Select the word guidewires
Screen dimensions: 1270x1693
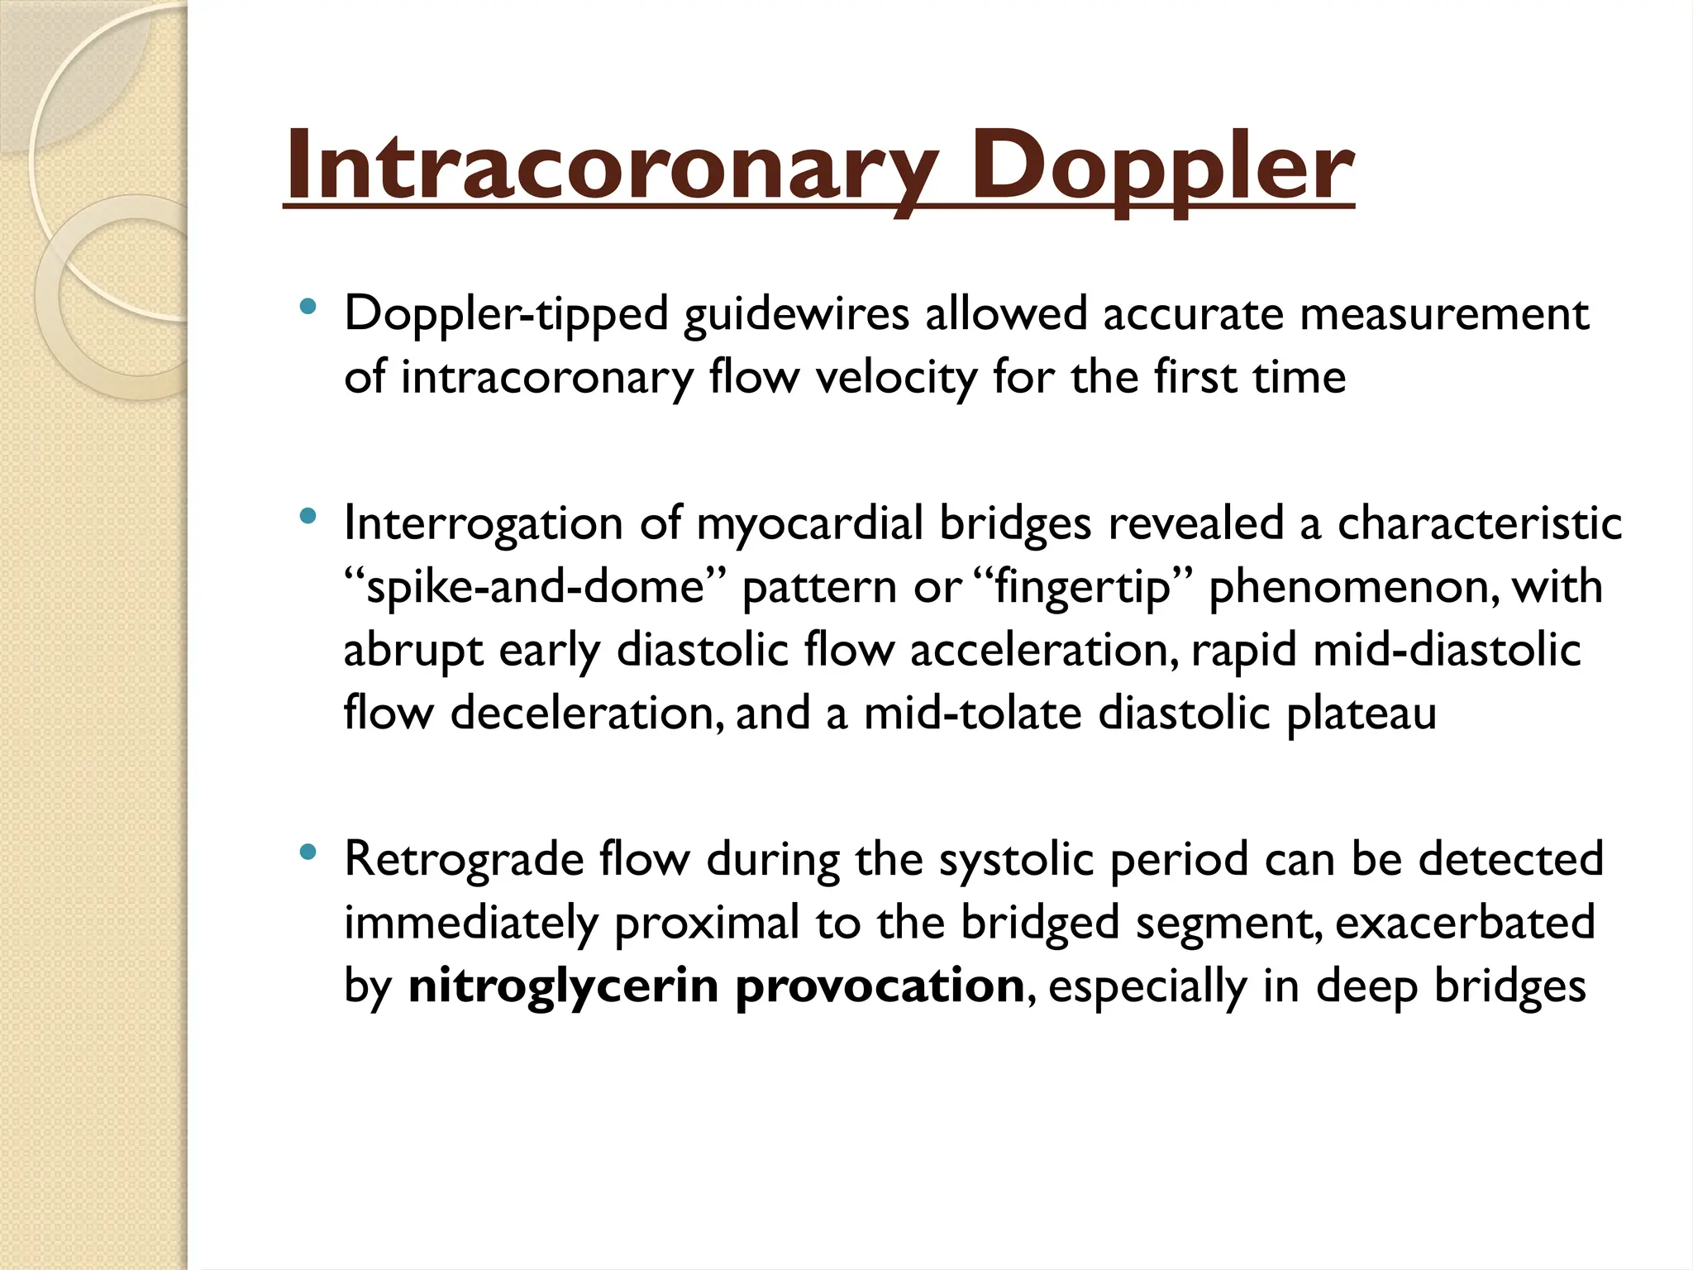point(796,315)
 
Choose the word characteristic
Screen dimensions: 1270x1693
point(1480,524)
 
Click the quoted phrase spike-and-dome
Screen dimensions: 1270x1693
point(535,588)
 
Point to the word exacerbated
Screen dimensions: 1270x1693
point(1465,923)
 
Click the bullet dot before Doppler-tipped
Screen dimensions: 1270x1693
point(308,307)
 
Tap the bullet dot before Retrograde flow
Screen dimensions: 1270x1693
point(308,852)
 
